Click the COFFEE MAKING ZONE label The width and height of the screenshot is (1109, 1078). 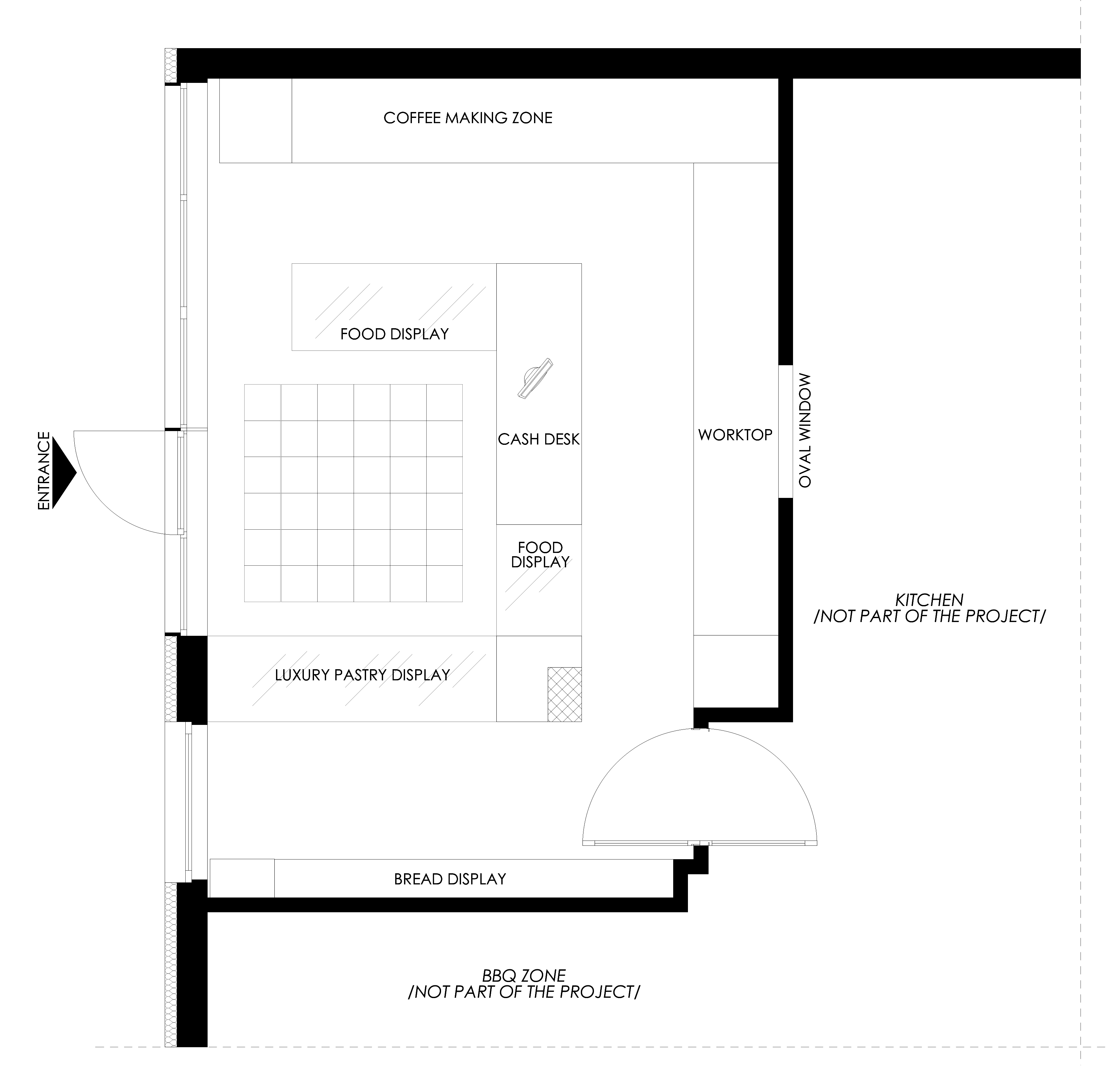pos(468,118)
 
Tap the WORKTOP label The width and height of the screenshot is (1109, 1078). pos(735,435)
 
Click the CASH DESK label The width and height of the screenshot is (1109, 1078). pos(539,439)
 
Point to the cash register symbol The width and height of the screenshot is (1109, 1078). pos(535,379)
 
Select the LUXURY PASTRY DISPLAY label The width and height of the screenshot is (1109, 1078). pos(362,675)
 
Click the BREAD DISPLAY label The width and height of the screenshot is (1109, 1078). pos(450,879)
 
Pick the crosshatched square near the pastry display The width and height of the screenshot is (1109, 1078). pos(564,694)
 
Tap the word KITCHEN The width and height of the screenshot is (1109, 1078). pos(929,599)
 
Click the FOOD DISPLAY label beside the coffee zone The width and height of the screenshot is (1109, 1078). pos(394,334)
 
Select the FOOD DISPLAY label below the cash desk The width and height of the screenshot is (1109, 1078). pos(540,555)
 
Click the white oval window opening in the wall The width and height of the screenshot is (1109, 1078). pos(786,431)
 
